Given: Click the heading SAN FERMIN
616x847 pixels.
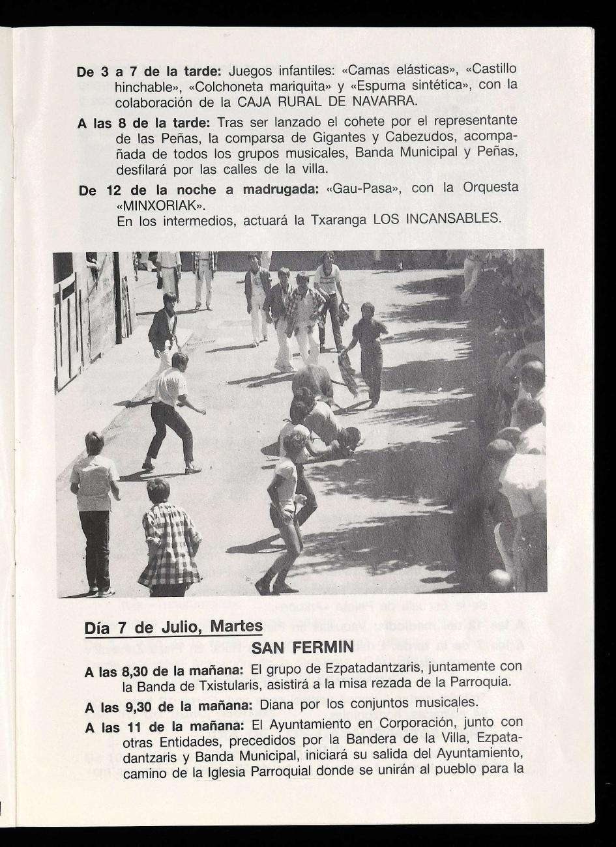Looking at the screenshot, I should [302, 648].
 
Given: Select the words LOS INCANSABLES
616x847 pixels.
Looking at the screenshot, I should [437, 219].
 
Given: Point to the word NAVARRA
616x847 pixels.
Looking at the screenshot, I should [384, 102].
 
